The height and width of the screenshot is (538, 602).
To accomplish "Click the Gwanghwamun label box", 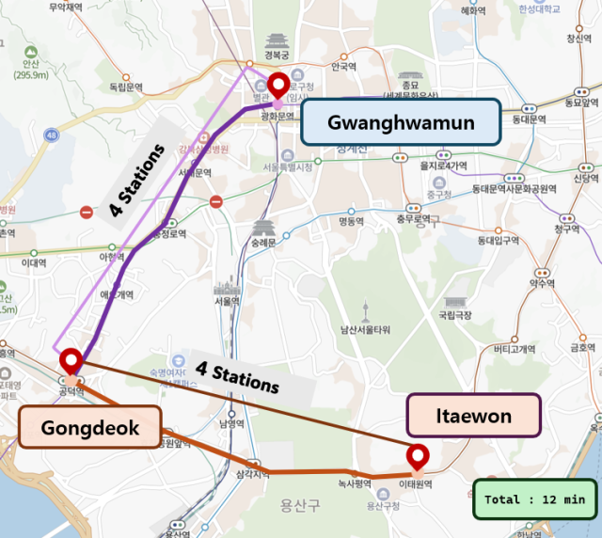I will click(x=401, y=121).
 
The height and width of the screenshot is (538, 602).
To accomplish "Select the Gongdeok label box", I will click(x=90, y=429).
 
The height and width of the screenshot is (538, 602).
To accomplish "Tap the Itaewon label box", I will click(x=474, y=416).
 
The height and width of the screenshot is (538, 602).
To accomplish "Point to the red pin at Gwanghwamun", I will click(x=277, y=87).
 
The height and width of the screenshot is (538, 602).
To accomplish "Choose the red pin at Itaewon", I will click(x=418, y=457).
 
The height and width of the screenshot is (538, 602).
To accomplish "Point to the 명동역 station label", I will click(x=350, y=223).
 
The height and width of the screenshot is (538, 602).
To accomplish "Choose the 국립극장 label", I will click(x=454, y=316).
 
